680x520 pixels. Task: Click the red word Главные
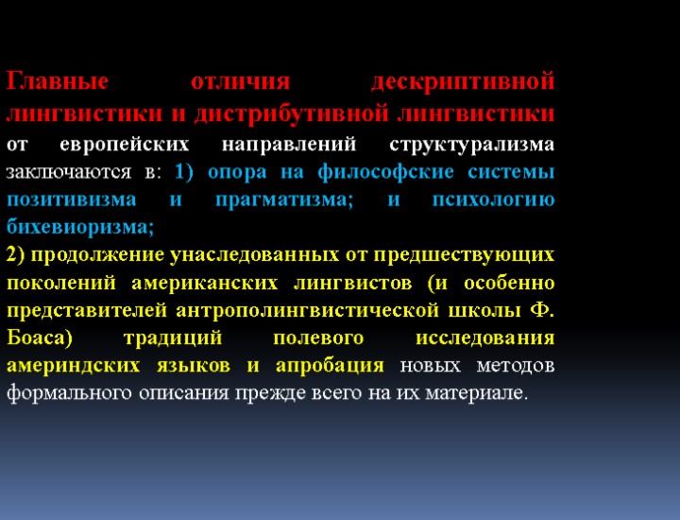point(59,83)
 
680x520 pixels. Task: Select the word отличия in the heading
point(240,83)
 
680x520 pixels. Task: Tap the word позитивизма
point(67,200)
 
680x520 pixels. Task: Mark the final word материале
point(475,392)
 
